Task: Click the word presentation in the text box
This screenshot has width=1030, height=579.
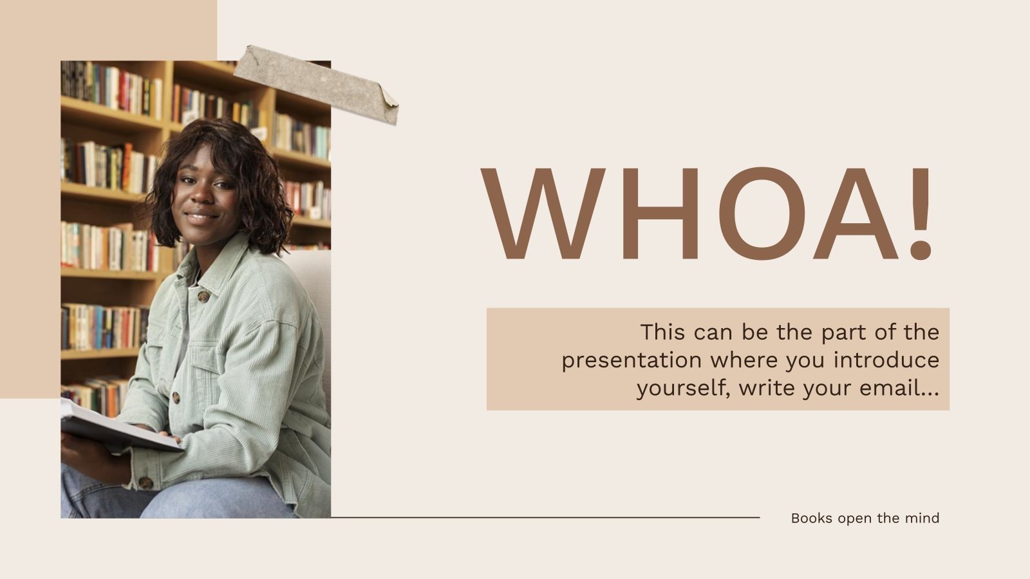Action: point(632,361)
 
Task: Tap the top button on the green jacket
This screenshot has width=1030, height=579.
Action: point(203,297)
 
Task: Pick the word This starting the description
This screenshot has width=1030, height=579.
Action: point(662,333)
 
